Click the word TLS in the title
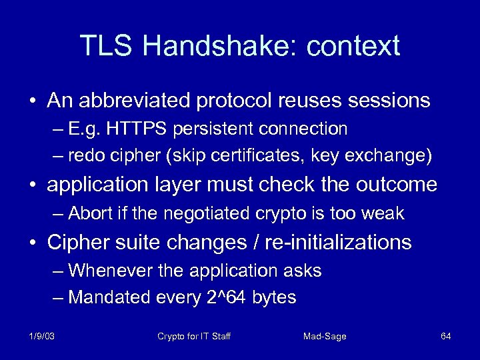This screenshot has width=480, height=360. [107, 46]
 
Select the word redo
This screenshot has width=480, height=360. [87, 156]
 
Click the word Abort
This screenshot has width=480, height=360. [89, 213]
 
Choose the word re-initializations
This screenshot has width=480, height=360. [338, 242]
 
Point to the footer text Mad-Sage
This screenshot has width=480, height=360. [325, 336]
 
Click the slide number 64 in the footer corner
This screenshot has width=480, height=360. [446, 336]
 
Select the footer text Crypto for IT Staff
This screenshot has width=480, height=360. [193, 336]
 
